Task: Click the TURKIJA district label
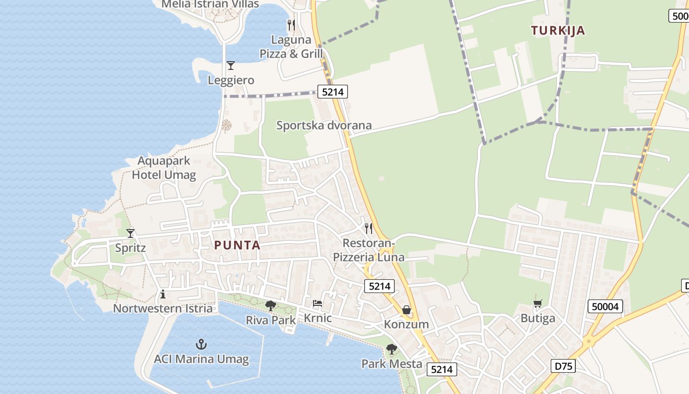(x=558, y=31)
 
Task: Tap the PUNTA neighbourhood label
(x=237, y=245)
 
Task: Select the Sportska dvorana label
(x=324, y=125)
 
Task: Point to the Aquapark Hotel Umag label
(x=164, y=168)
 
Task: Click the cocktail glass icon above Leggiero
(x=230, y=66)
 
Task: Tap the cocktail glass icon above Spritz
(x=130, y=233)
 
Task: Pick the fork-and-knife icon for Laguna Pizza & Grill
(x=291, y=24)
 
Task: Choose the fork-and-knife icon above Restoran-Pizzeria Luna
(x=368, y=229)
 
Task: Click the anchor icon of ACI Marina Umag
(x=201, y=344)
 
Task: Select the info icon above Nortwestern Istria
(x=163, y=295)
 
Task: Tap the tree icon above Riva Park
(x=270, y=306)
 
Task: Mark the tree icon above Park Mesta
(x=392, y=349)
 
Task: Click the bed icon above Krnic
(x=317, y=303)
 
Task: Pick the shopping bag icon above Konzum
(x=407, y=310)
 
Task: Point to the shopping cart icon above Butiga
(x=537, y=304)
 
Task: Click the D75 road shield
(x=562, y=366)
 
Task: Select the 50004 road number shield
(x=605, y=307)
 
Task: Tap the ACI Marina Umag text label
(x=201, y=359)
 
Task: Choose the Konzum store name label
(x=406, y=325)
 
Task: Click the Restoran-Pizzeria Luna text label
(x=369, y=250)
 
